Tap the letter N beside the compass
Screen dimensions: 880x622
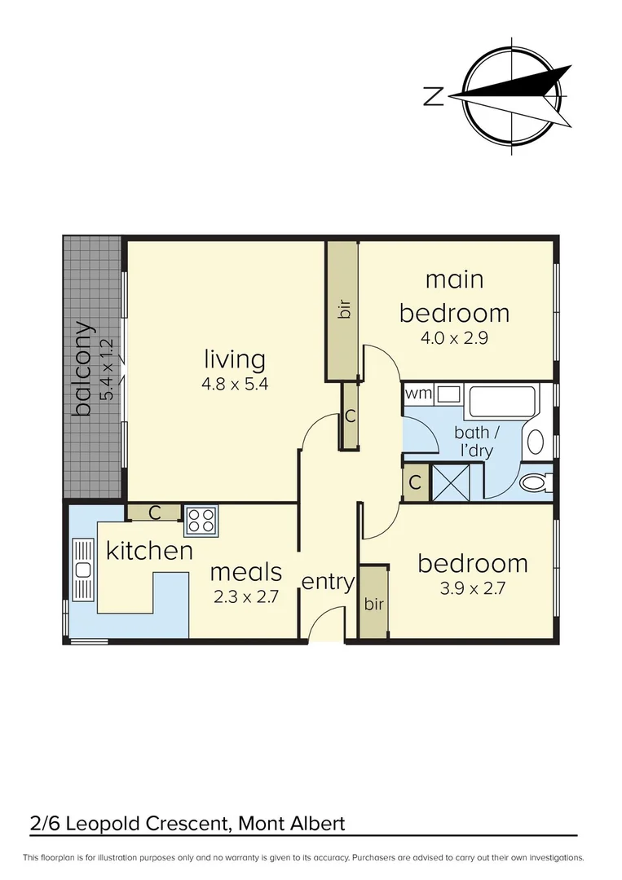point(433,97)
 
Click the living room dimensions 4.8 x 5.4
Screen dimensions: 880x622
point(235,382)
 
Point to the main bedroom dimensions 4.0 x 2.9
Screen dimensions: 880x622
point(454,337)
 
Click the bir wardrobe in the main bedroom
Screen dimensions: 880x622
point(343,310)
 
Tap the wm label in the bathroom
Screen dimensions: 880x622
point(418,394)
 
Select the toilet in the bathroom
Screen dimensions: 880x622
point(535,483)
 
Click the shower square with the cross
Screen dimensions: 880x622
point(447,480)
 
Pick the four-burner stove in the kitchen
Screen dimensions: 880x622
point(201,519)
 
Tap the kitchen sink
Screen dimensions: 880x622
point(82,568)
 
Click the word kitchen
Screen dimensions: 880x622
point(149,551)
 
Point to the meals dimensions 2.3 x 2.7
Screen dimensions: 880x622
point(247,596)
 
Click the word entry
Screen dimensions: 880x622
point(328,582)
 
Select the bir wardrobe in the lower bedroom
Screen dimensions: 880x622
point(373,604)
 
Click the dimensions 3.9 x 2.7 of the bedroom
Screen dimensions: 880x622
point(473,588)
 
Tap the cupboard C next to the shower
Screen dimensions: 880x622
point(415,482)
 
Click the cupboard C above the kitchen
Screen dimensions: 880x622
point(154,513)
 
